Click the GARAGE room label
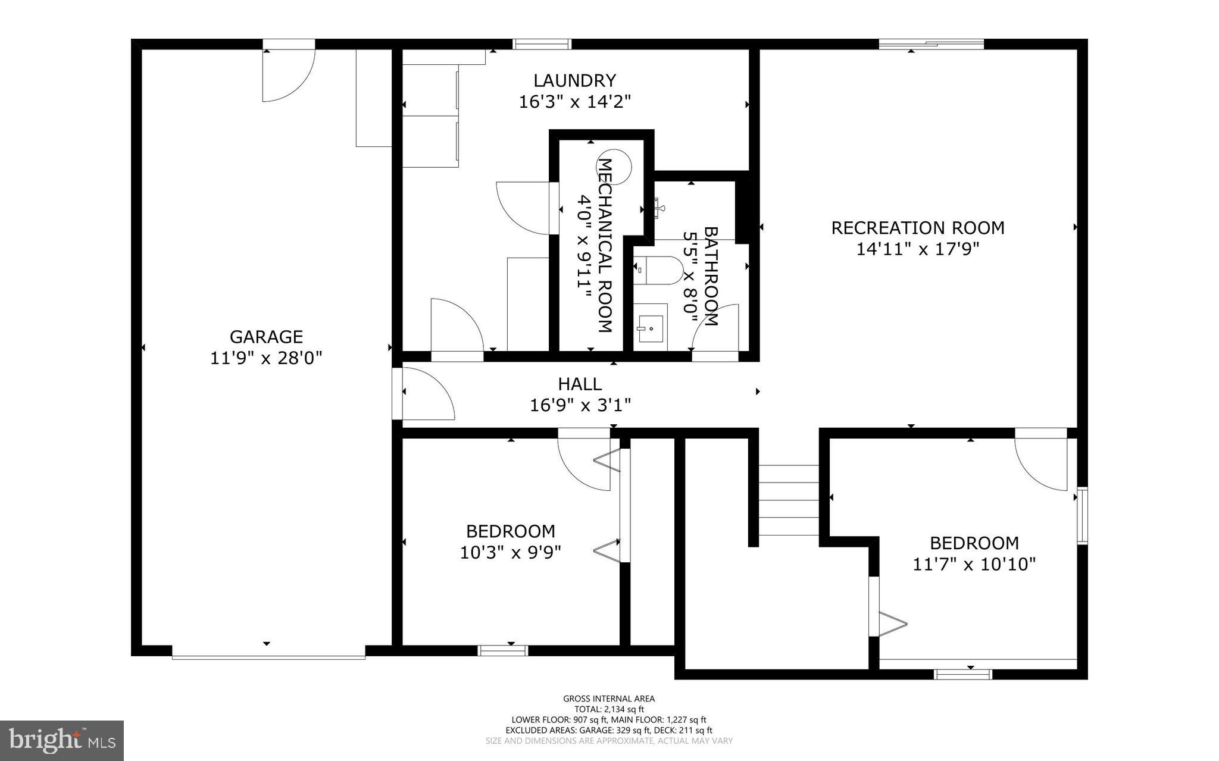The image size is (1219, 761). point(266,337)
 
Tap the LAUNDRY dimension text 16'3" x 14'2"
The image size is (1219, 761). point(574,102)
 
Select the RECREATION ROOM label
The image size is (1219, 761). point(917,228)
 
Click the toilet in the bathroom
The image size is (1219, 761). point(658,271)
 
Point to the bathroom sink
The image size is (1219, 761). point(650,327)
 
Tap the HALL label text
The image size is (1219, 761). point(579,384)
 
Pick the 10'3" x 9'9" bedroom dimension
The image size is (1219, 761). point(510,552)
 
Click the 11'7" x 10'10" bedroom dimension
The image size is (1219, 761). point(974,564)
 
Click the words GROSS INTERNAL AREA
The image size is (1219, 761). point(609,699)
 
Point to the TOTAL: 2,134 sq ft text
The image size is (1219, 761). point(609,709)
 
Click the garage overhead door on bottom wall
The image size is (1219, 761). point(268,656)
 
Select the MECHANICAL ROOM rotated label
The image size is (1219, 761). point(605,245)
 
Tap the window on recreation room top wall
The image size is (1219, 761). point(931,43)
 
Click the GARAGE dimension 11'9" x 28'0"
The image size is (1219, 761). point(266,358)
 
